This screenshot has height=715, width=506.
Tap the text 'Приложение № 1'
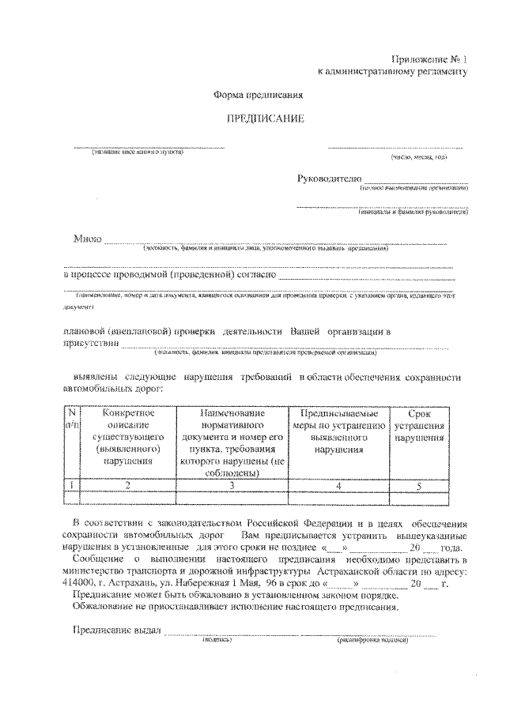pyautogui.click(x=430, y=59)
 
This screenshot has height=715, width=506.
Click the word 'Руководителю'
pyautogui.click(x=329, y=179)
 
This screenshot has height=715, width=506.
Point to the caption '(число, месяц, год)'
pyautogui.click(x=418, y=157)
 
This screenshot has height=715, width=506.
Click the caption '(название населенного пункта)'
pyautogui.click(x=137, y=152)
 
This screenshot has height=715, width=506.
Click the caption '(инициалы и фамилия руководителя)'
pyautogui.click(x=413, y=212)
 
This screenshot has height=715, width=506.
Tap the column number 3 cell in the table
pyautogui.click(x=232, y=485)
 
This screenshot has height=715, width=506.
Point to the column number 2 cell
pyautogui.click(x=128, y=485)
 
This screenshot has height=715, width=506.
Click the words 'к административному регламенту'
pyautogui.click(x=393, y=72)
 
